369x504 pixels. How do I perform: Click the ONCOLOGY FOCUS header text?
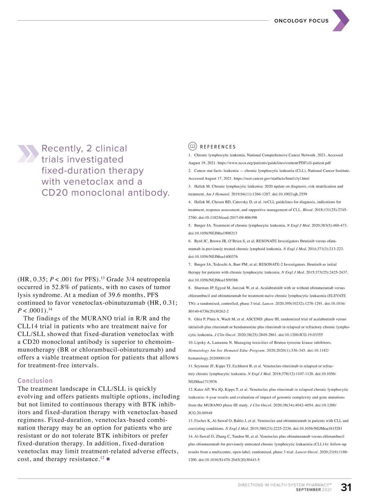coord(301,21)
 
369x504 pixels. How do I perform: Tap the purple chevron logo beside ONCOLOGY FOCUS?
coord(341,20)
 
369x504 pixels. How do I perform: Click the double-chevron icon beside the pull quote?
coord(28,154)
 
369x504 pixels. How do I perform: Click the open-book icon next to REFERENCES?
coord(192,146)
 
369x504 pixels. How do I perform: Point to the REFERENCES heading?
coord(218,147)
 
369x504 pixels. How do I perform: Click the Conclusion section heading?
coord(35,381)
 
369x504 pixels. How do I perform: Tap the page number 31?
coord(346,487)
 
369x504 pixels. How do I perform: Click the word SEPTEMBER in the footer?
coord(308,490)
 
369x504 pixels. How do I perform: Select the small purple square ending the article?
coord(108,459)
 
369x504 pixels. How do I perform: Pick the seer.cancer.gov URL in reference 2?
coord(271,178)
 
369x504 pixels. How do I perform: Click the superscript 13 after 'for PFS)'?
coord(103,278)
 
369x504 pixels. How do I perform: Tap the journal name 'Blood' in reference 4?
coord(307,210)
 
